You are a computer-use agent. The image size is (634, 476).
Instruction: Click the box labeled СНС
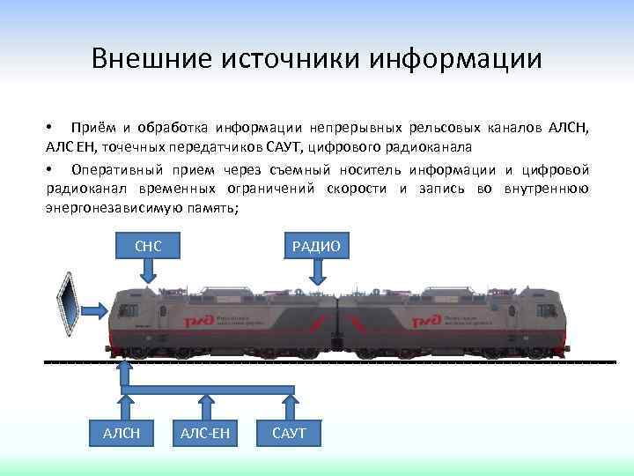[148, 245]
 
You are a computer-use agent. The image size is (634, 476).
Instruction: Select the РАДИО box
[316, 245]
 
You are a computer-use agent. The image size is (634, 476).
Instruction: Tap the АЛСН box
[121, 432]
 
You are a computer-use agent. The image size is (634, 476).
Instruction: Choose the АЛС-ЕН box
[205, 432]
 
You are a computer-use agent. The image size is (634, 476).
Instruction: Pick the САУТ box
[290, 432]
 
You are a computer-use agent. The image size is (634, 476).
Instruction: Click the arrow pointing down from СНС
[148, 271]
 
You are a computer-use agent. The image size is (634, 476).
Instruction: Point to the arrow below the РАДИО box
[316, 271]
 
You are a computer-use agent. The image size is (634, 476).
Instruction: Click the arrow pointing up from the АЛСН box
[121, 402]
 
